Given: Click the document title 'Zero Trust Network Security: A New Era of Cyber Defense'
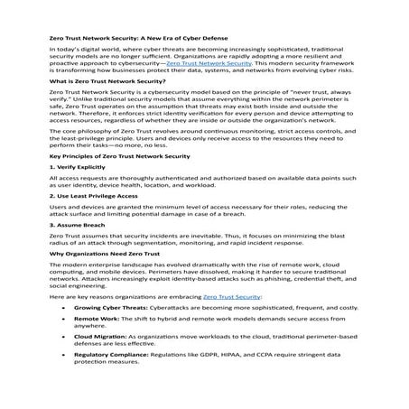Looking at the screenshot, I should pyautogui.click(x=137, y=39).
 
